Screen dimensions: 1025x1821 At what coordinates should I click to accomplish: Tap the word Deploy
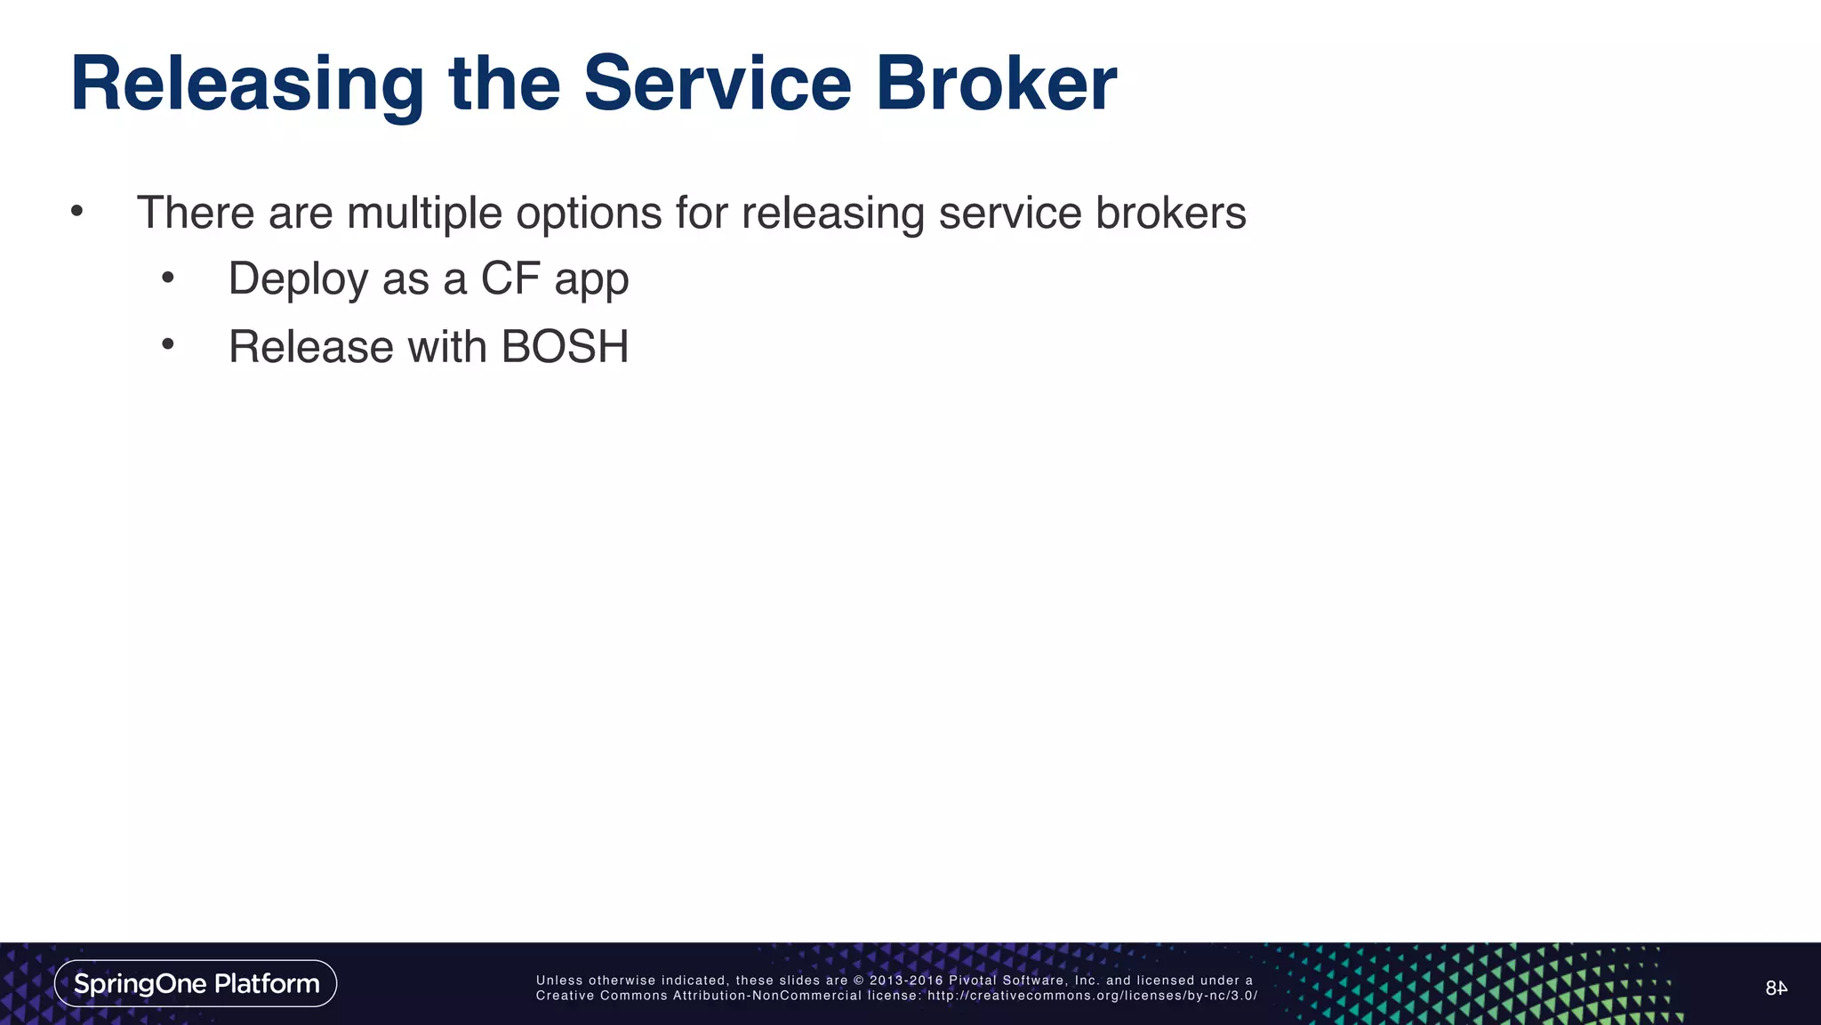coord(298,279)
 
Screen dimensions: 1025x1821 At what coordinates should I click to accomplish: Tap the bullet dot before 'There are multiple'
coord(77,212)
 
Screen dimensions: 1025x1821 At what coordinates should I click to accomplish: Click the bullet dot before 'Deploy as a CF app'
coord(168,278)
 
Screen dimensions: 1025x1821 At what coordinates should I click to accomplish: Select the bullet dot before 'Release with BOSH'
coord(168,345)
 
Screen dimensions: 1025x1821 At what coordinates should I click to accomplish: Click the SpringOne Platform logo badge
coord(196,983)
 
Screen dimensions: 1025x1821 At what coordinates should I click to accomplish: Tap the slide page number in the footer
coord(1776,988)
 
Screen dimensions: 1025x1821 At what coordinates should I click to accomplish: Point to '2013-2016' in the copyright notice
coord(906,981)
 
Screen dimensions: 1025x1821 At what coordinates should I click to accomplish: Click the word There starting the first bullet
coord(196,214)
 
